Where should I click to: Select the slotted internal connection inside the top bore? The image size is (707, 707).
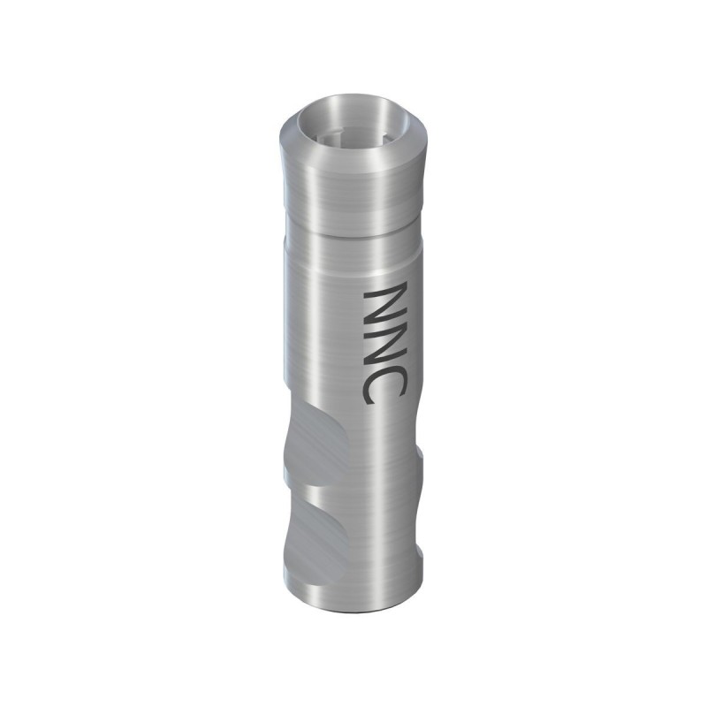point(331,142)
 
